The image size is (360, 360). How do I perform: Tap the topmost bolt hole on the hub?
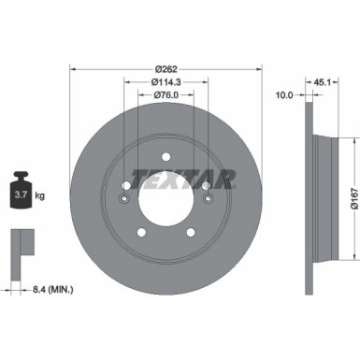(x=166, y=156)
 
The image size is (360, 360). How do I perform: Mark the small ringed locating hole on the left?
(x=124, y=197)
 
